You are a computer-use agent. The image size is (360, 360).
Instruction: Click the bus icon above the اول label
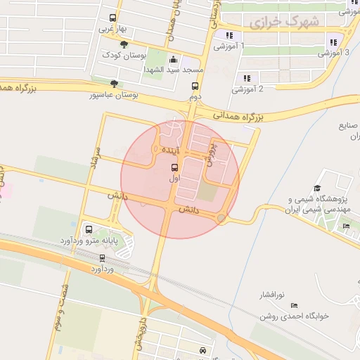point(174,167)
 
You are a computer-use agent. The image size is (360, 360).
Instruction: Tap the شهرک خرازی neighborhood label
point(283,22)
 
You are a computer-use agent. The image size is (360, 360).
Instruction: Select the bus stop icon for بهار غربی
point(112,18)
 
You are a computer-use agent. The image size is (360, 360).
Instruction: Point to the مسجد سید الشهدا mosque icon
point(174,60)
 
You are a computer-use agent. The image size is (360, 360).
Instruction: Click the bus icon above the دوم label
point(195,86)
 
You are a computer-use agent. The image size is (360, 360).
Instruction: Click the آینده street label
point(171,150)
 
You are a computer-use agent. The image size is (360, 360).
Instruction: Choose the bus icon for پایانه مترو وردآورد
point(89,229)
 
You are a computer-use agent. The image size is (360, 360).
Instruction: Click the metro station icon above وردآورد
point(103,259)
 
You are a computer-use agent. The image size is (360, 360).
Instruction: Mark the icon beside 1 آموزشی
point(229,35)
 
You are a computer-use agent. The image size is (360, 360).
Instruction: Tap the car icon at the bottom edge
point(202,349)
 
